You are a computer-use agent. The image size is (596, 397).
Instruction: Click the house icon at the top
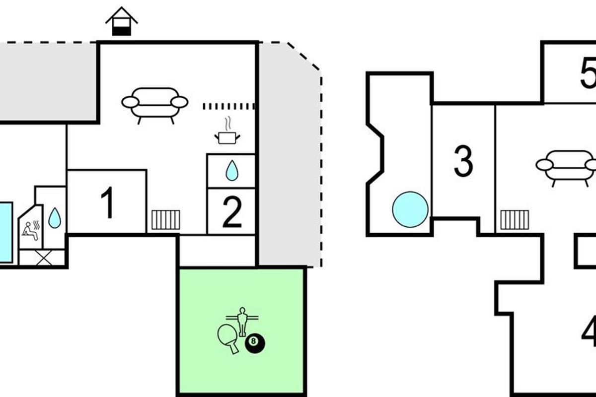click(122, 22)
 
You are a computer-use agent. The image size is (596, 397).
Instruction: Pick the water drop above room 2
click(231, 171)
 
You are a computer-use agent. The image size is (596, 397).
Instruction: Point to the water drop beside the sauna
click(55, 217)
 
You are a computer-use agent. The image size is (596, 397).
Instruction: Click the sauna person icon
click(30, 229)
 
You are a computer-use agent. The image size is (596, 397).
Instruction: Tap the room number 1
click(107, 203)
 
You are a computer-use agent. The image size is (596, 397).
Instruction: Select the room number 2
click(231, 212)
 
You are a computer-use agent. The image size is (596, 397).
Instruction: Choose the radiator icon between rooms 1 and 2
click(166, 220)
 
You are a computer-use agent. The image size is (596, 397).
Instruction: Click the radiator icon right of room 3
click(515, 220)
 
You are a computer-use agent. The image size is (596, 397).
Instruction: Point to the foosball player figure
click(243, 321)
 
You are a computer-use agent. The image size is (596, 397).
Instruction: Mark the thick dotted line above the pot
click(229, 106)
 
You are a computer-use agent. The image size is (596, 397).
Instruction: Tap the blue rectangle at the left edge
click(5, 232)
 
